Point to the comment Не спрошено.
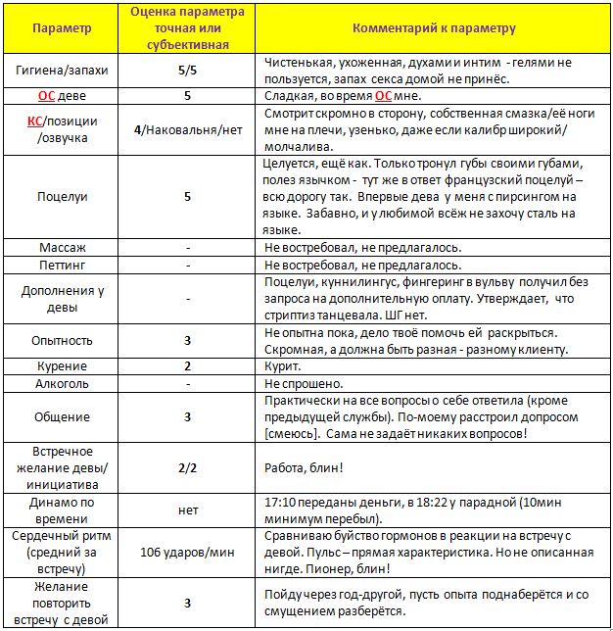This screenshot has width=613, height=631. [x=304, y=384]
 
